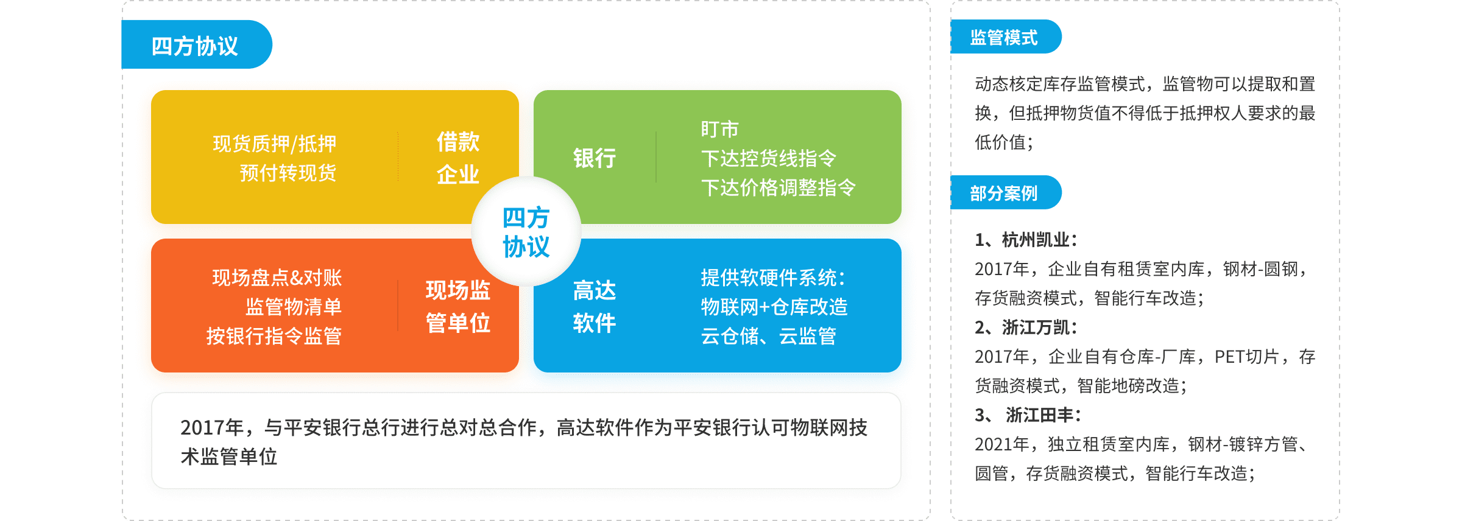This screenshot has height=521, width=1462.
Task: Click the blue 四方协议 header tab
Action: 196,44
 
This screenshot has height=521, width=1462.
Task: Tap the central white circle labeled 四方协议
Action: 526,231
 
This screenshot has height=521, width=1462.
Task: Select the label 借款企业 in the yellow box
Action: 458,158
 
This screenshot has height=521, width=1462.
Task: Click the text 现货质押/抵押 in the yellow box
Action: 275,144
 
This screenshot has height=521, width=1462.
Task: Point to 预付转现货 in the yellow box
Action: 288,173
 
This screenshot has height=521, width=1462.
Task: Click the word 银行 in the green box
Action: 595,158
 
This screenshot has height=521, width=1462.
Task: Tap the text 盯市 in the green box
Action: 719,129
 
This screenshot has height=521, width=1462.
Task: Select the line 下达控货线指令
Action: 769,158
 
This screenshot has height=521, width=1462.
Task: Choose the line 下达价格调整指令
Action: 779,187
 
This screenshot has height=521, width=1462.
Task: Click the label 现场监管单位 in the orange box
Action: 458,306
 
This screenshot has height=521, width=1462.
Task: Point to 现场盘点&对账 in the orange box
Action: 277,278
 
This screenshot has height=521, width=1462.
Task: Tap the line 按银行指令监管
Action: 274,336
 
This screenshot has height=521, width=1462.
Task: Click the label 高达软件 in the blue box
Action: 595,306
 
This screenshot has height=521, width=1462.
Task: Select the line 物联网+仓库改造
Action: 774,307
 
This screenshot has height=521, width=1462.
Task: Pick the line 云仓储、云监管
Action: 769,336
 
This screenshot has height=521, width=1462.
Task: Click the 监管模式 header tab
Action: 1006,37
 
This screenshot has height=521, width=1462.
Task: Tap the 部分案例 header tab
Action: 1006,193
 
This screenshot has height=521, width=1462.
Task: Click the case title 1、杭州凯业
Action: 1026,240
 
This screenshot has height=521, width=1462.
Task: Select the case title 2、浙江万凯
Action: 1026,327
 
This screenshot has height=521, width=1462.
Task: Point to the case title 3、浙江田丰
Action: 1028,415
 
